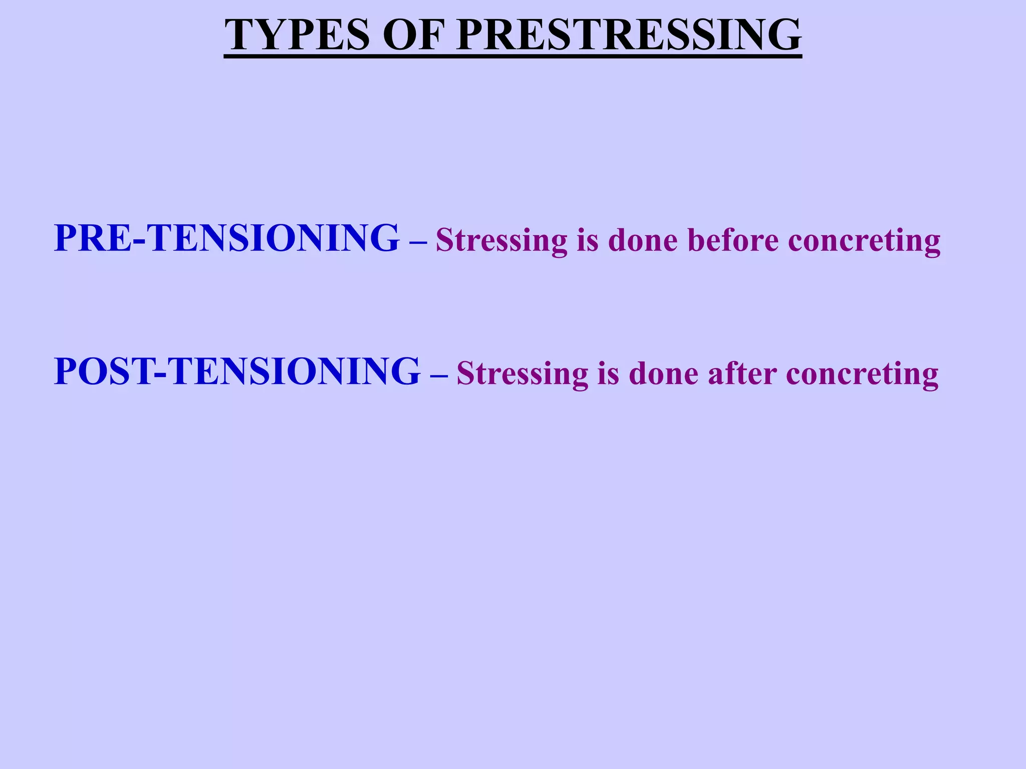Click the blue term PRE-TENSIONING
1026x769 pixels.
point(226,238)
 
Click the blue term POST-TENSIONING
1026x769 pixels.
point(237,371)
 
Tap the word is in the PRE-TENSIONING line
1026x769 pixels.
point(588,240)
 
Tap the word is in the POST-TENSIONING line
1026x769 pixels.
point(608,373)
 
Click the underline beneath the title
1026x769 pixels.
point(512,57)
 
